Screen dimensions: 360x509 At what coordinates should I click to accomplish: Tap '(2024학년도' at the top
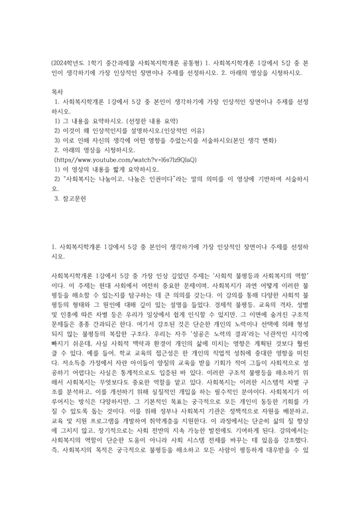70,64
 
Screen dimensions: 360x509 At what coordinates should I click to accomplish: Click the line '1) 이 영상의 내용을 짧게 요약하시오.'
115,170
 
